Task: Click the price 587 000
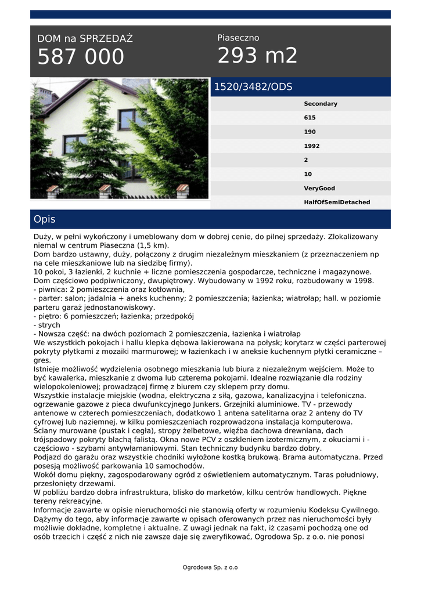[x=81, y=57]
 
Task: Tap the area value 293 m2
[x=257, y=56]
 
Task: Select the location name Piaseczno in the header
[x=238, y=38]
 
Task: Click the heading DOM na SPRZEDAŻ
[x=85, y=39]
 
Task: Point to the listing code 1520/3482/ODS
[x=253, y=87]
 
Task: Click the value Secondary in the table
[x=320, y=104]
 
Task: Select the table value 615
[x=310, y=118]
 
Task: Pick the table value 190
[x=310, y=132]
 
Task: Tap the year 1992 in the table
[x=311, y=146]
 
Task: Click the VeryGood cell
[x=319, y=189]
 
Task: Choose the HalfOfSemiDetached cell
[x=336, y=202]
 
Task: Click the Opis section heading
[x=45, y=219]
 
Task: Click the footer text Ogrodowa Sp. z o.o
[x=210, y=567]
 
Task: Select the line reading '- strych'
[x=48, y=325]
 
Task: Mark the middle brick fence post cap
[x=105, y=189]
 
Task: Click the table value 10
[x=308, y=174]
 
